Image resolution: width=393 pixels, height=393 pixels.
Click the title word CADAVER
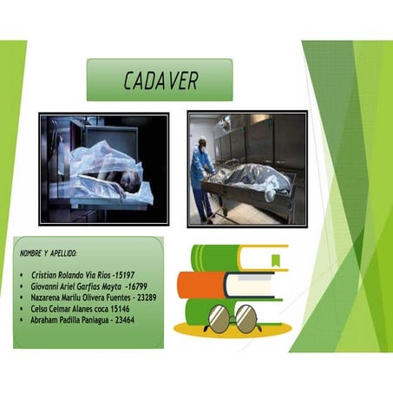[x=160, y=81]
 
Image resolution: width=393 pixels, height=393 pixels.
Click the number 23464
[x=121, y=319]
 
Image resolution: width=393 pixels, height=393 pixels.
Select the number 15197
[x=119, y=275]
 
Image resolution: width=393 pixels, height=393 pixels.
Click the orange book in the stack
[x=201, y=284]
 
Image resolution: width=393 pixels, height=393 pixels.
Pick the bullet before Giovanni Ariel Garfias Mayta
[x=20, y=286]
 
